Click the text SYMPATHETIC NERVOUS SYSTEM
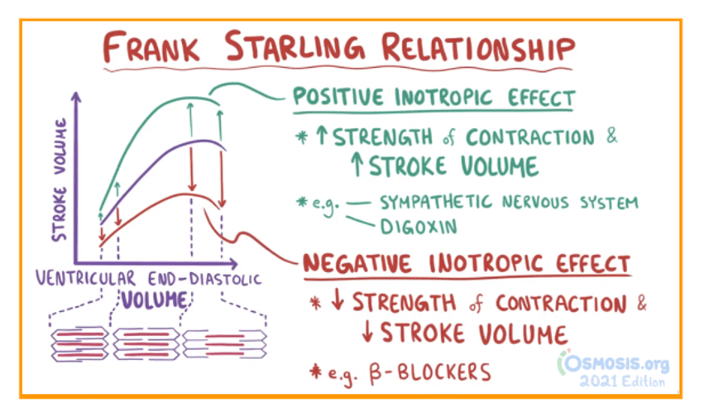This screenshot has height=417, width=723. coord(508,202)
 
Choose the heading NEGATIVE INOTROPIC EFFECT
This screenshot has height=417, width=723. coord(466,264)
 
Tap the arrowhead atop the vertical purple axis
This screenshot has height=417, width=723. coord(77,95)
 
